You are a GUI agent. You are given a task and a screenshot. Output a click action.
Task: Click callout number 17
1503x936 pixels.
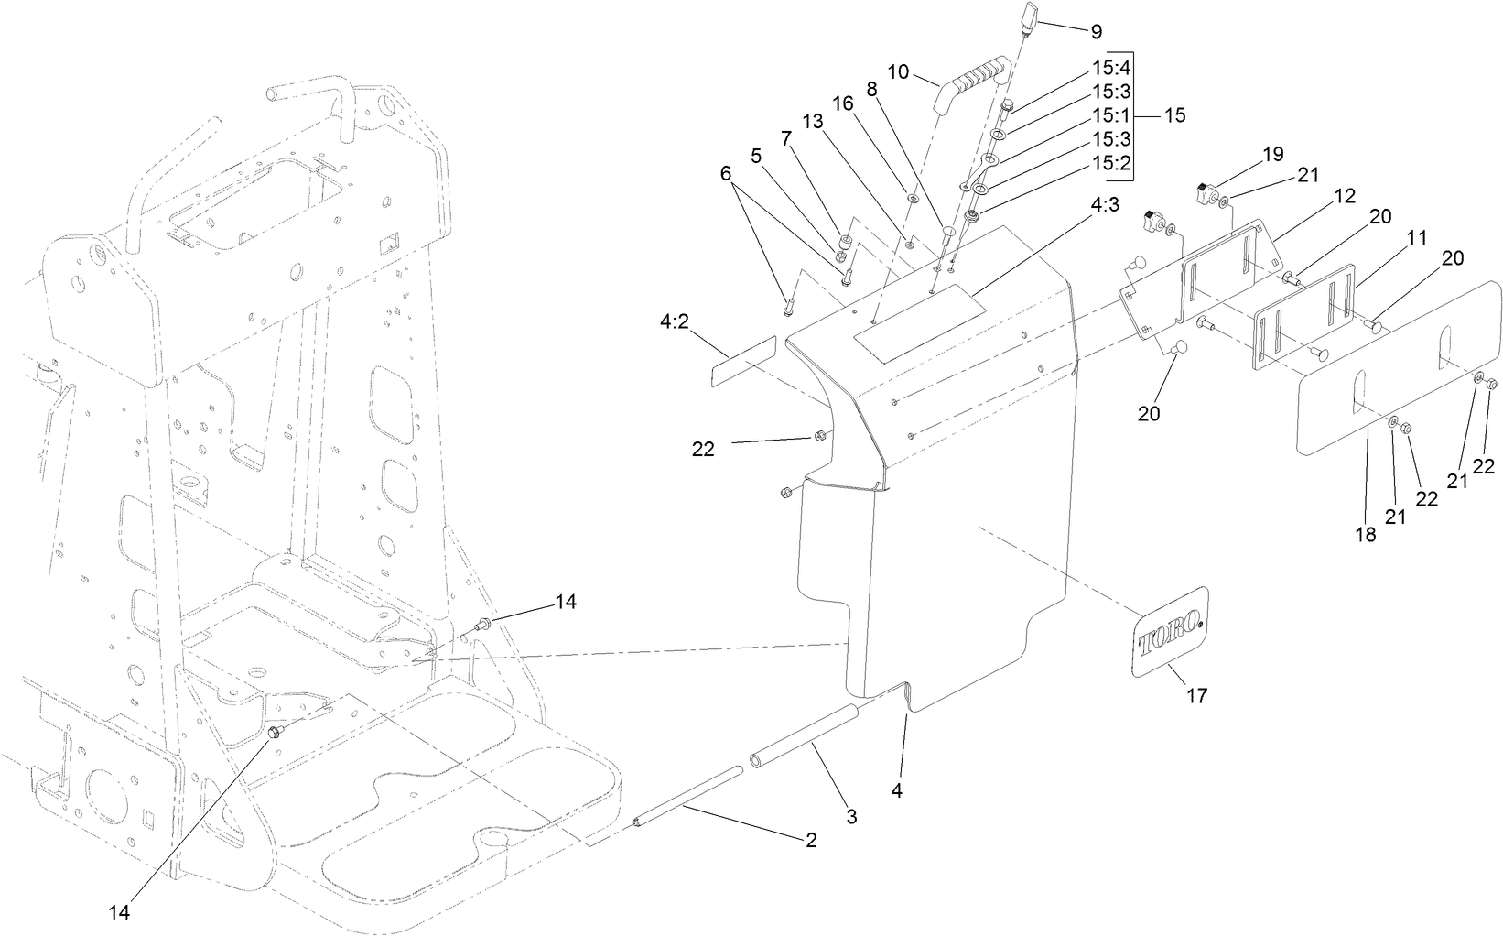point(1196,696)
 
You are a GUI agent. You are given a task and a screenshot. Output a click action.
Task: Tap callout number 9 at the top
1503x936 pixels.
point(1096,31)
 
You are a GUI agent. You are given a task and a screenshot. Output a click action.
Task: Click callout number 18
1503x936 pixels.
point(1365,536)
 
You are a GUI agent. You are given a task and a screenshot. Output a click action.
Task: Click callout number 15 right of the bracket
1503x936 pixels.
point(1174,116)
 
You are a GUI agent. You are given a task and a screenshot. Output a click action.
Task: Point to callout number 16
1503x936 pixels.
point(843,105)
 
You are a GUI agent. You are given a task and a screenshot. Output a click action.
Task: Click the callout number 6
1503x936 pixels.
point(727,172)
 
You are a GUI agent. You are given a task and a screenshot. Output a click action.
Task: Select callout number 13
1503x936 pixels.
point(813,121)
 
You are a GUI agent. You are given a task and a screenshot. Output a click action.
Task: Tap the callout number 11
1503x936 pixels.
point(1417,237)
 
